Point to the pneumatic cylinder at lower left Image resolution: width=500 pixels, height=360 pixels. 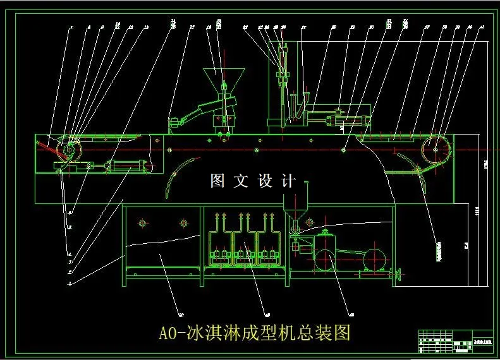click(x=128, y=165)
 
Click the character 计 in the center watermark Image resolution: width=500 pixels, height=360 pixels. click(x=288, y=181)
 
